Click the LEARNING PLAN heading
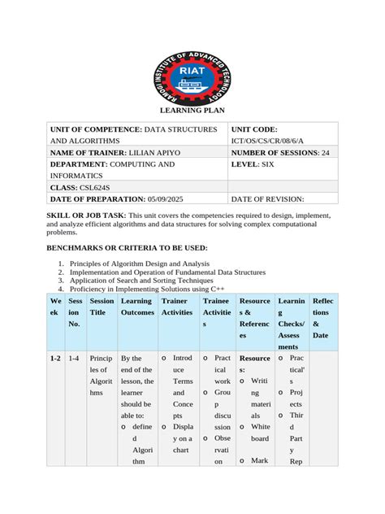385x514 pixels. click(192, 111)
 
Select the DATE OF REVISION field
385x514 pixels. click(268, 198)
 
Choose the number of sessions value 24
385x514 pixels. click(325, 152)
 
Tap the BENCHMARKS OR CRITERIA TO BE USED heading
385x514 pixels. click(128, 246)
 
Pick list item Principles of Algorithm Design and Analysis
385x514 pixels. click(140, 264)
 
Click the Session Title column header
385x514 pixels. click(102, 307)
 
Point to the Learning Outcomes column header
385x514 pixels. click(136, 307)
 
